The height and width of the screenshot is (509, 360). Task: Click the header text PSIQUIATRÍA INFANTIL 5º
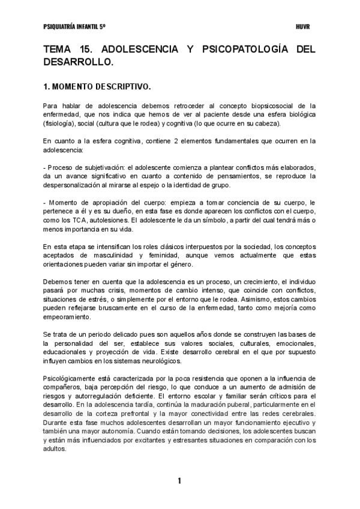point(75,28)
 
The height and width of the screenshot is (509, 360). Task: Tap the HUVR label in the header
point(303,28)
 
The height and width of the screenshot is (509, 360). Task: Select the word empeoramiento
point(68,317)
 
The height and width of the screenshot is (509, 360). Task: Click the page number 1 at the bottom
point(179,481)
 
